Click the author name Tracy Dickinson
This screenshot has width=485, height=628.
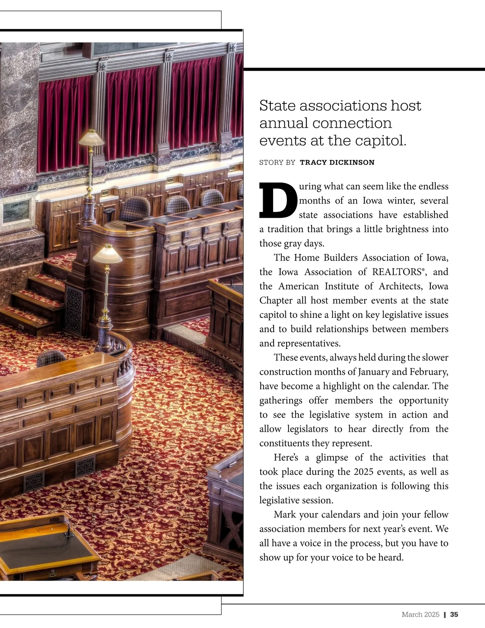(337, 163)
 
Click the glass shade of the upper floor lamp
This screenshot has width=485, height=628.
(91, 139)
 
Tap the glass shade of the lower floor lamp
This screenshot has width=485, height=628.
(107, 254)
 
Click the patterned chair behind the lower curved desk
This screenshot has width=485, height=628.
(51, 358)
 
